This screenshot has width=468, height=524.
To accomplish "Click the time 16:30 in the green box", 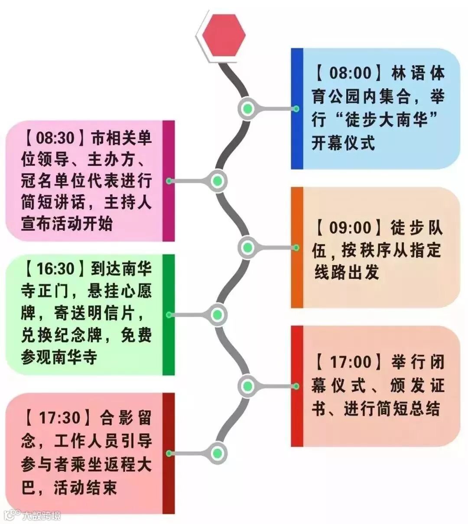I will coord(55,269).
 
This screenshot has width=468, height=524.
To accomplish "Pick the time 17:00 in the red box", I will coord(351,362).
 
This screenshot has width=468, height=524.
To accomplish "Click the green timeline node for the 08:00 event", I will coord(247,109).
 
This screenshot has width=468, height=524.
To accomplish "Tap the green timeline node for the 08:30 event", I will coord(218,181).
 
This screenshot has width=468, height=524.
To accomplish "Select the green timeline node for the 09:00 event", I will coord(247,247).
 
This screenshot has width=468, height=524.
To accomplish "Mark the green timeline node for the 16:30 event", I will coord(218,315).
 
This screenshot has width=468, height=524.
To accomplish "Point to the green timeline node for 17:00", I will coord(247,386).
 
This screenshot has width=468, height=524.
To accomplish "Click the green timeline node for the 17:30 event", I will coord(218,453).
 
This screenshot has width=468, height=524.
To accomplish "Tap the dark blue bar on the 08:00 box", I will coord(297,108).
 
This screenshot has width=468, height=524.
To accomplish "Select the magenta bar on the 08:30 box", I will coord(169,181).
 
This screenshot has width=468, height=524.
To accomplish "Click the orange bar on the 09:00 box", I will coord(297,247).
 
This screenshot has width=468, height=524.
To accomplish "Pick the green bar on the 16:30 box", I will coord(169,315).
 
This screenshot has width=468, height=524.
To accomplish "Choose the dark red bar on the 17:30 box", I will coord(169,453).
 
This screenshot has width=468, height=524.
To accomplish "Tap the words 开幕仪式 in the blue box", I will coord(343,143).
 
